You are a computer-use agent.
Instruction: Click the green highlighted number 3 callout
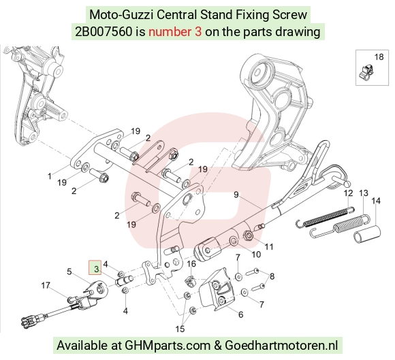tap(95, 267)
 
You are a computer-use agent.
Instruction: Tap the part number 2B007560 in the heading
tap(104, 32)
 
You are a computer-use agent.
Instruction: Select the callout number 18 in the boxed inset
tap(379, 57)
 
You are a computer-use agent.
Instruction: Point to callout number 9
tap(236, 195)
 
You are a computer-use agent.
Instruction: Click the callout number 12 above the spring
tap(349, 193)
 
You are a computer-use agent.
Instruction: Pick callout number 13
tap(364, 193)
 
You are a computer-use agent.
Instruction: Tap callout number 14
tap(376, 201)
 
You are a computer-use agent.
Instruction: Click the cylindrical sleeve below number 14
tap(367, 235)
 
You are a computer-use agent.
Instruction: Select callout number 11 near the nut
tap(269, 247)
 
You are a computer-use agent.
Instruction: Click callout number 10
tap(256, 255)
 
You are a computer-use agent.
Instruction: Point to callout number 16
tap(191, 263)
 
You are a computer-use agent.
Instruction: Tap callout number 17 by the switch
tap(46, 285)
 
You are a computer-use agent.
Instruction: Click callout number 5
tap(69, 272)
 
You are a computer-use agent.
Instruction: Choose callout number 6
tap(241, 314)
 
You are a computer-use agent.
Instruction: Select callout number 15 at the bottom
tap(180, 329)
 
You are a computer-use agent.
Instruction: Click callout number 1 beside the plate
tap(50, 176)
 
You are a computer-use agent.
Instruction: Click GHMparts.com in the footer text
tap(168, 346)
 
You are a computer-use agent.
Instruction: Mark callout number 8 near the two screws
tap(272, 276)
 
